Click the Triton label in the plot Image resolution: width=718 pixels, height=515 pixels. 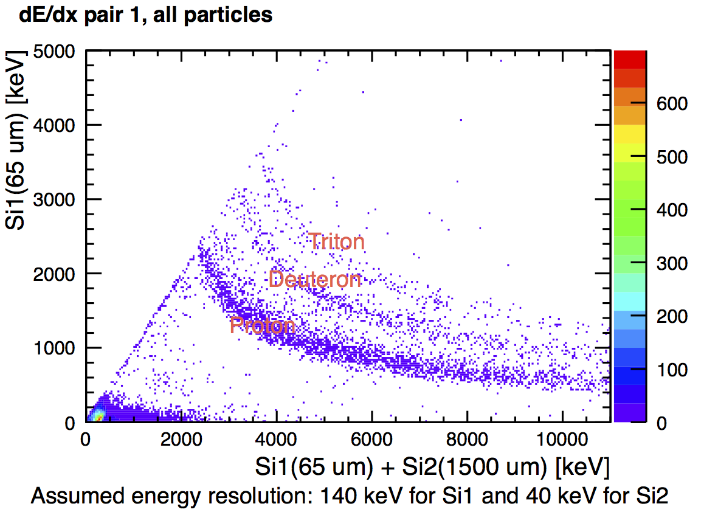336,242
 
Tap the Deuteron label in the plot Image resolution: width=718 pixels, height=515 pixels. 315,280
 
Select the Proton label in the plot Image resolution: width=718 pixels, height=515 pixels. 263,325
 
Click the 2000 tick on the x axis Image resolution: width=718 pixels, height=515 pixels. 181,438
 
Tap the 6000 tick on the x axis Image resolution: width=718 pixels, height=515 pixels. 371,438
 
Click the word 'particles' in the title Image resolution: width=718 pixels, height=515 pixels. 234,15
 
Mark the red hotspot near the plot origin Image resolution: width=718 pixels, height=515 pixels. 95,416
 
